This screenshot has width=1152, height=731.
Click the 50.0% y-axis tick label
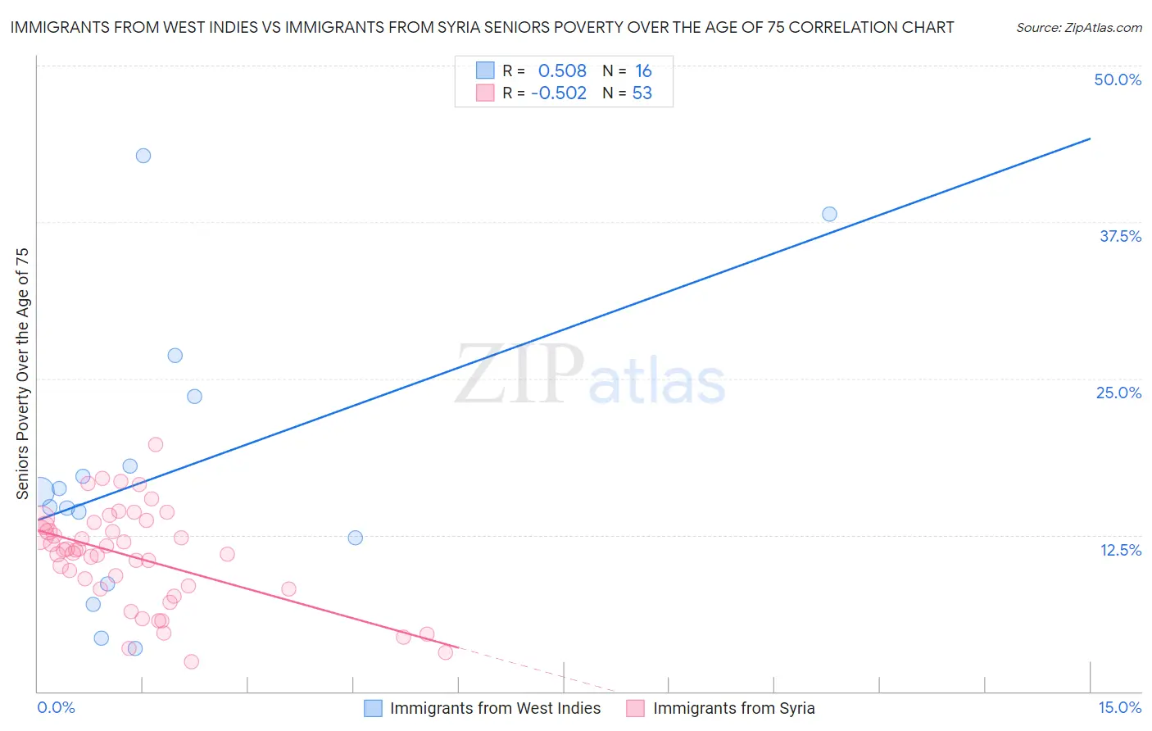pyautogui.click(x=1118, y=79)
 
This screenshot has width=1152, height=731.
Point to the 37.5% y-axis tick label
pyautogui.click(x=1120, y=236)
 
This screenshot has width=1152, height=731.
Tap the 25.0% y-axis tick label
pyautogui.click(x=1118, y=393)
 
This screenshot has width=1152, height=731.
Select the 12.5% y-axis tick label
pyautogui.click(x=1120, y=550)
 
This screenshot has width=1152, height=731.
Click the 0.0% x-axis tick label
pyautogui.click(x=56, y=707)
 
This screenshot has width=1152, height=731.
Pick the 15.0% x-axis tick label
pyautogui.click(x=1119, y=707)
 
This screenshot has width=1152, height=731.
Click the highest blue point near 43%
pyautogui.click(x=143, y=156)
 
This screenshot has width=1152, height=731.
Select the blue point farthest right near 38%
pyautogui.click(x=829, y=214)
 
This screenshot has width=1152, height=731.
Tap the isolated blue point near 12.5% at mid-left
pyautogui.click(x=355, y=538)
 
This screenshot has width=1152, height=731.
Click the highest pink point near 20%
pyautogui.click(x=156, y=444)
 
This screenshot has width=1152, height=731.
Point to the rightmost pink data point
pyautogui.click(x=446, y=652)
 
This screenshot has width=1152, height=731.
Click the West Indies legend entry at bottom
pyautogui.click(x=494, y=708)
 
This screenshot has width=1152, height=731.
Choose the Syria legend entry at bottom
pyautogui.click(x=733, y=708)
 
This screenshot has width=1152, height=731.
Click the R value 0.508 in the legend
pyautogui.click(x=562, y=71)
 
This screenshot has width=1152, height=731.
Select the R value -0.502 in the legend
pyautogui.click(x=559, y=93)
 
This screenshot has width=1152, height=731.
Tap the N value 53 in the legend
pyautogui.click(x=642, y=93)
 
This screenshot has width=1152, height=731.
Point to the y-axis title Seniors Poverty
pyautogui.click(x=22, y=373)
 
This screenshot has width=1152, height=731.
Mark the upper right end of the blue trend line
pyautogui.click(x=1090, y=138)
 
